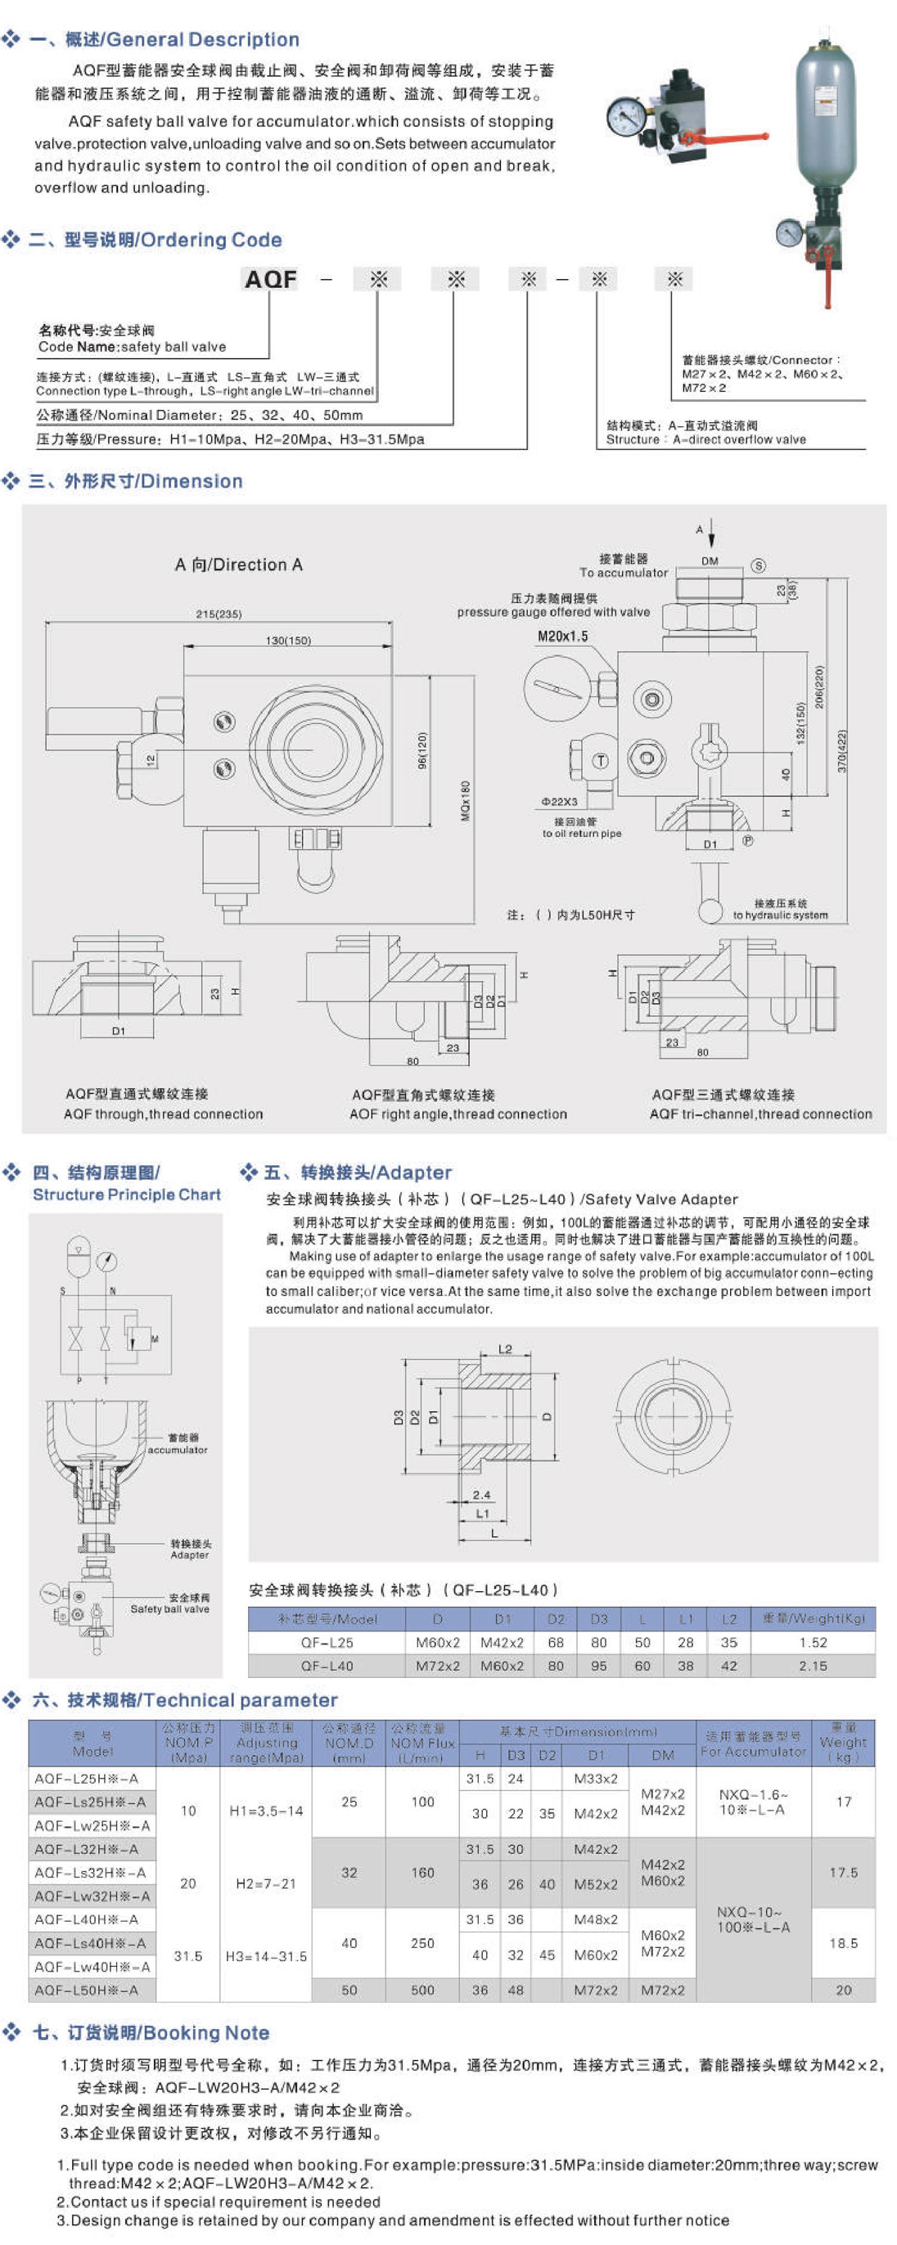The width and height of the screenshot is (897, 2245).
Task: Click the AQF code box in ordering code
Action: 270,279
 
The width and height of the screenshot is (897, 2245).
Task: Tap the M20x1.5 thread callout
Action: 562,637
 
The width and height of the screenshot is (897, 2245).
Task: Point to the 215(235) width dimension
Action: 219,614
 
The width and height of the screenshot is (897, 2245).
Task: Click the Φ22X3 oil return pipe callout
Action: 559,801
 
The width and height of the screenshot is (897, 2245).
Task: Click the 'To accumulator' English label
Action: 624,573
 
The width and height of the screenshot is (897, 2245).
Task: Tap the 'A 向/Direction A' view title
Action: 238,565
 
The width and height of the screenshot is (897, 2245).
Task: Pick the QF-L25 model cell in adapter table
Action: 327,1642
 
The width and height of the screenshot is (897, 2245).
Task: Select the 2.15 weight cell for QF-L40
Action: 813,1666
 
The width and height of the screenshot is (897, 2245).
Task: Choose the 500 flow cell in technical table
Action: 423,1990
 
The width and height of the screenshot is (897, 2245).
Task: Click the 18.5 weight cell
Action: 843,1942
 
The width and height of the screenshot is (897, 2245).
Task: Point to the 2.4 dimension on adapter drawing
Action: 481,1495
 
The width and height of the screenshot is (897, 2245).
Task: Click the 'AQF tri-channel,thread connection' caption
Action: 760,1114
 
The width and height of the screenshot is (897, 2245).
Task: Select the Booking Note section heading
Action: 151,2032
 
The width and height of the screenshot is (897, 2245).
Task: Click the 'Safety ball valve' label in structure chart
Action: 170,1608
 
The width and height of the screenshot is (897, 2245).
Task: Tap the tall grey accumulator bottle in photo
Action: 824,113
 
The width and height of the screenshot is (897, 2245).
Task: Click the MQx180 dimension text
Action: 465,799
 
